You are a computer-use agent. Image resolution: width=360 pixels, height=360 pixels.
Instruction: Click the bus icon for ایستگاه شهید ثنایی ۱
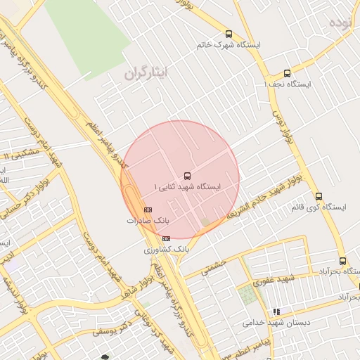(187, 175)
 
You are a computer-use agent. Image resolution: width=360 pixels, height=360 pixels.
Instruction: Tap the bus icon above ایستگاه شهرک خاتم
(229, 34)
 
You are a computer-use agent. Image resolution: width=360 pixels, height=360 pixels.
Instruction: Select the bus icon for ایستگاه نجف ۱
(287, 73)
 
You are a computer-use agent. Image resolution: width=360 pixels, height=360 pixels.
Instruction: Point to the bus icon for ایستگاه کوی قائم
(319, 196)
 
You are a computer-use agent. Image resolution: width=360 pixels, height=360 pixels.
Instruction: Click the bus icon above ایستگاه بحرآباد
(342, 261)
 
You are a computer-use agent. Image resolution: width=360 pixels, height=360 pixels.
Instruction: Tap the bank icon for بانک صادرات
(148, 210)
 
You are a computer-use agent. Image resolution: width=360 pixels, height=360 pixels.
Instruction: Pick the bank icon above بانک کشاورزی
(166, 238)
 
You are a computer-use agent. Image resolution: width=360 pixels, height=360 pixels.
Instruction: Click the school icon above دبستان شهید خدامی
(276, 311)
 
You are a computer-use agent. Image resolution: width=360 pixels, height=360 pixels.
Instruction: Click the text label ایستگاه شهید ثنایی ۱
(188, 187)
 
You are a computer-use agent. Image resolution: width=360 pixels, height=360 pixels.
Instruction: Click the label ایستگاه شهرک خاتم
(229, 45)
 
